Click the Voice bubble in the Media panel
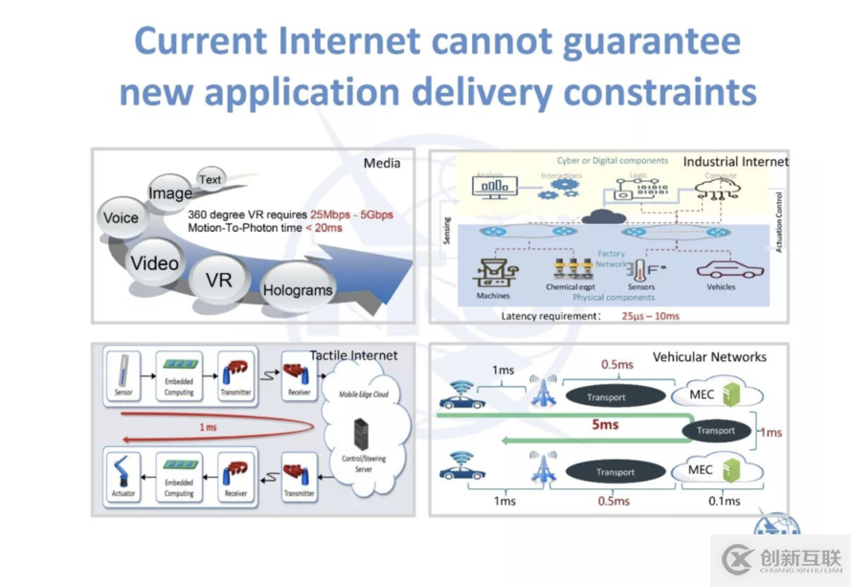click(122, 217)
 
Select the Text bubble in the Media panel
click(210, 179)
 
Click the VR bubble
click(218, 280)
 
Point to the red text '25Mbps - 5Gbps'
click(351, 214)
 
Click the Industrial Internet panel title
click(735, 162)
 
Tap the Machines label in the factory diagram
click(493, 295)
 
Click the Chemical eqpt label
click(572, 286)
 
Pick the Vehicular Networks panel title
click(709, 357)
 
